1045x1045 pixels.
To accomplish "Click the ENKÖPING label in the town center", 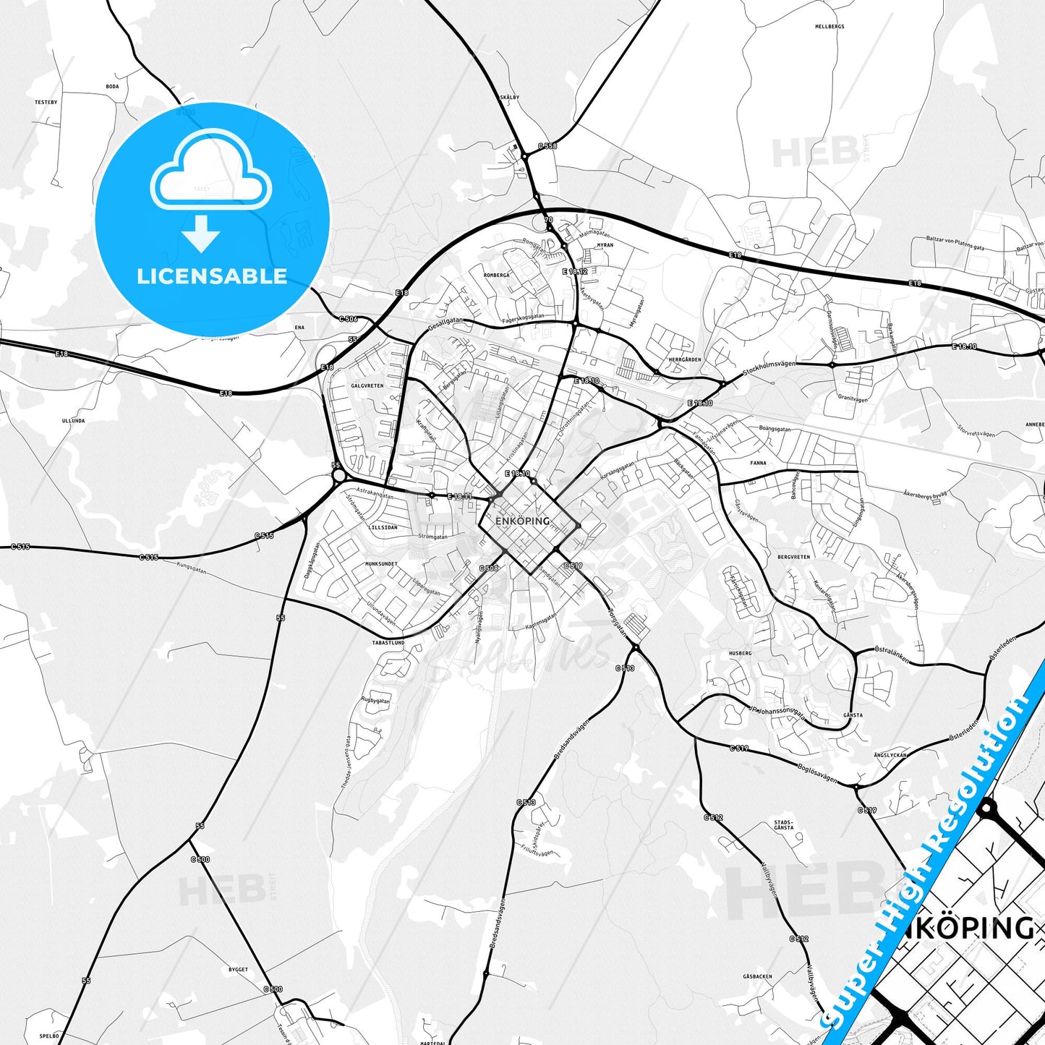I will pos(523,521).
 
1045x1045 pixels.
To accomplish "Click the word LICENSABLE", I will pos(212,276).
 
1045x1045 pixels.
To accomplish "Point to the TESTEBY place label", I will pos(46,103).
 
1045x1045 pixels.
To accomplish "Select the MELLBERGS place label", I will pos(829,27).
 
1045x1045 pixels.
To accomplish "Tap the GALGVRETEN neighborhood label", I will pos(367,386).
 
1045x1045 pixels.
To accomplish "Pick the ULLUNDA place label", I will pos(73,420).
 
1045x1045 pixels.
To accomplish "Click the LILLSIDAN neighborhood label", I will pos(383,527).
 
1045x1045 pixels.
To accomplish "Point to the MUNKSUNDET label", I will pos(381,563).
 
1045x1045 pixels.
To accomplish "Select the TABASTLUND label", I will pos(388,642).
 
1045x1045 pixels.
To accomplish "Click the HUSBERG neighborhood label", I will pos(740,653).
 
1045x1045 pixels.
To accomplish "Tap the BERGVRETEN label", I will pos(794,557).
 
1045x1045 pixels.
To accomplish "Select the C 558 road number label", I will pos(547,146).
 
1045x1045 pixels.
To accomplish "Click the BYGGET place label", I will pos(238,970).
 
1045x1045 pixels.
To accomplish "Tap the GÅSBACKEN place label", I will pos(757,976).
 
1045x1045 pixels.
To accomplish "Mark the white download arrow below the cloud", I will pos(200,233).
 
